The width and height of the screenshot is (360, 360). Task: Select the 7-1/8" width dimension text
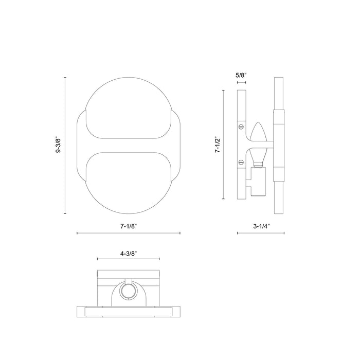tap(128, 225)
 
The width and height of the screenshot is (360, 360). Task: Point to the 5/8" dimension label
tap(241, 75)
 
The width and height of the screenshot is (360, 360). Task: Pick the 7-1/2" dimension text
tap(217, 145)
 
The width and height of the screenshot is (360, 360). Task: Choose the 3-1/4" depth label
tap(261, 225)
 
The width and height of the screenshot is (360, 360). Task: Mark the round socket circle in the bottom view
tap(128, 293)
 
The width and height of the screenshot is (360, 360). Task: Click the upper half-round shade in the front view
tap(128, 109)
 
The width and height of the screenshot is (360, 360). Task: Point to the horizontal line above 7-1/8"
tap(128, 233)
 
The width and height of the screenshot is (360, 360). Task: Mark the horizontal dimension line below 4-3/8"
tap(128, 258)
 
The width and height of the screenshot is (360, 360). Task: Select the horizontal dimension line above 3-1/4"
tap(261, 233)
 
